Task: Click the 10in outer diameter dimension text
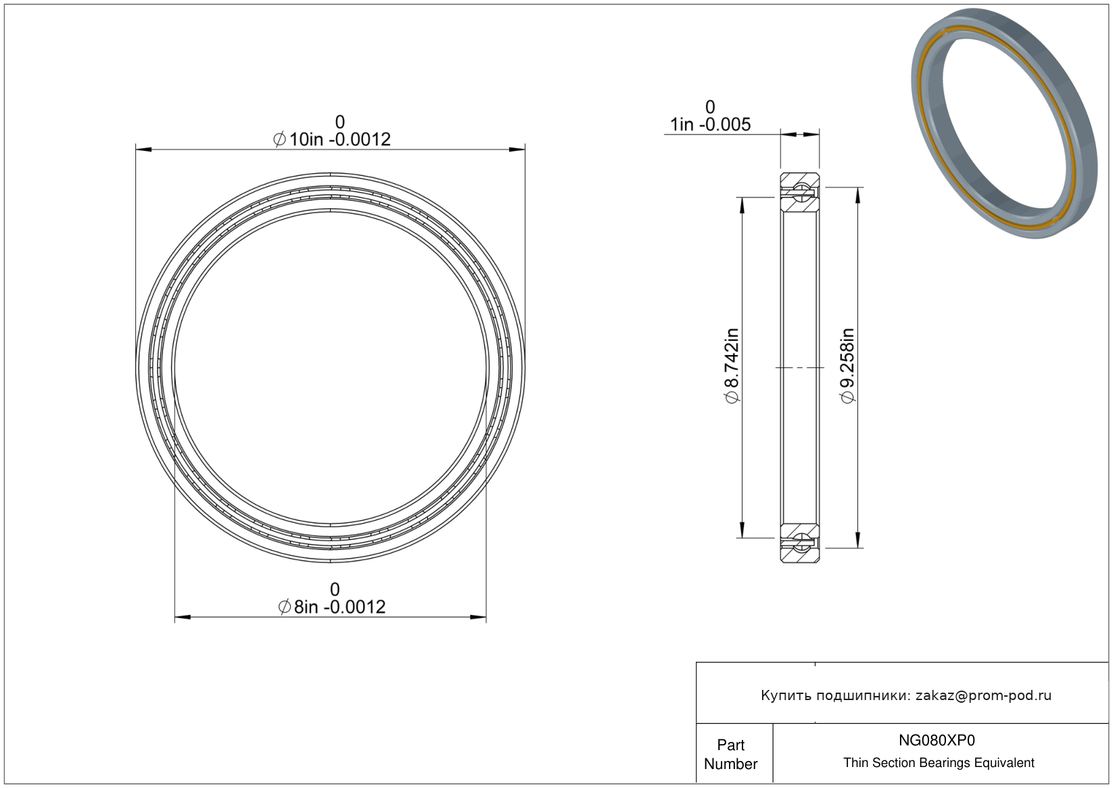[x=332, y=139]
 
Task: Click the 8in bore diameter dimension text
[x=332, y=607]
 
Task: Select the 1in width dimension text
[x=710, y=124]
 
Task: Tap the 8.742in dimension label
[x=732, y=366]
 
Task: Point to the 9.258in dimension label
[x=847, y=366]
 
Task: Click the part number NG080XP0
[x=937, y=741]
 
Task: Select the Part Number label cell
[x=731, y=754]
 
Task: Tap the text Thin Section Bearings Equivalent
[x=939, y=763]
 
